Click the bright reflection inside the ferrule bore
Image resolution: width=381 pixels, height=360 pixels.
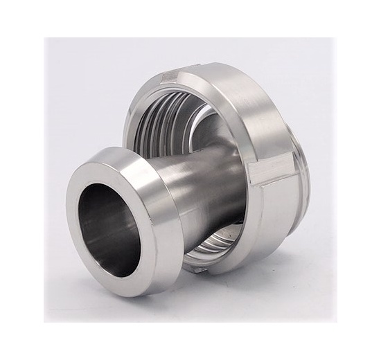tap(128, 232)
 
